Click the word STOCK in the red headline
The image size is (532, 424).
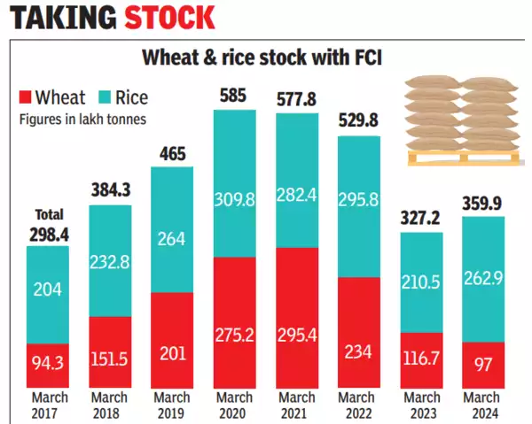[168, 18]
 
